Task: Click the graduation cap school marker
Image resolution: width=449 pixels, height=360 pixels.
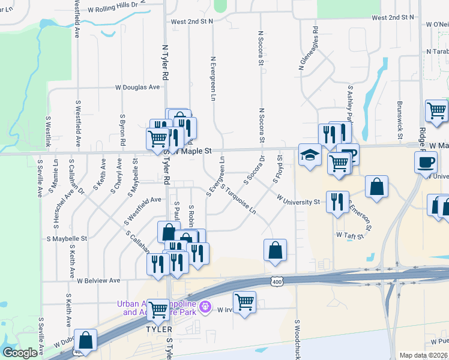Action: pos(309,156)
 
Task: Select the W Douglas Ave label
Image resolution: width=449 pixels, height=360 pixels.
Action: pos(138,87)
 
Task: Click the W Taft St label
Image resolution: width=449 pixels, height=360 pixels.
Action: pos(351,236)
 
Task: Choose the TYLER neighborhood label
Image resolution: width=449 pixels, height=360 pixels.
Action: pos(159,329)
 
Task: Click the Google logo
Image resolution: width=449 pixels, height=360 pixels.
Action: pos(20,353)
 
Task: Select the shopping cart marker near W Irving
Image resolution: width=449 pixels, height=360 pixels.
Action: pos(244,302)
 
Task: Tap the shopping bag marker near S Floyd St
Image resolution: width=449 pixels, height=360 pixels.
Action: pos(274,251)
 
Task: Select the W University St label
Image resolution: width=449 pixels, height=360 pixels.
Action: pos(298,199)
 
